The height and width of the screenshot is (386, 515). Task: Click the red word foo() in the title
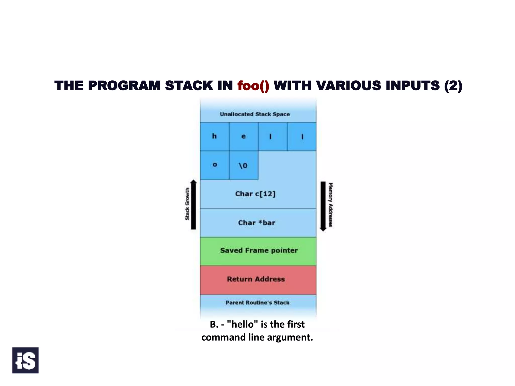coord(253,86)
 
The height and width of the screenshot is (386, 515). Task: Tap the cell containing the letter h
coord(214,136)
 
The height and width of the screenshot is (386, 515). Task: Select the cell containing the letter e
coord(243,136)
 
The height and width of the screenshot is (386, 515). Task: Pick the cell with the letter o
coord(214,165)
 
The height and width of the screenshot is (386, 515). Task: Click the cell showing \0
coord(243,165)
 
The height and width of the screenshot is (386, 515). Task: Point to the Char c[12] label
coord(255,194)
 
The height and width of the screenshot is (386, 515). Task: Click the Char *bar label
coord(256,223)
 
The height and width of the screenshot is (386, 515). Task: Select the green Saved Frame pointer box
coord(258,251)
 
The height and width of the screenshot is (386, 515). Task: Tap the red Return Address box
coord(258,280)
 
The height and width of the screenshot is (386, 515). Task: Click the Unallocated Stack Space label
coord(255,114)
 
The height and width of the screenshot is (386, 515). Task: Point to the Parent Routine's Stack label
coord(257,303)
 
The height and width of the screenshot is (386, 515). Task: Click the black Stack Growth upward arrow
coord(193,205)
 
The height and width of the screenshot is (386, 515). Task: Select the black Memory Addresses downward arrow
coord(323,206)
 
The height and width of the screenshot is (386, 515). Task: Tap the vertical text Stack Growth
coord(187,204)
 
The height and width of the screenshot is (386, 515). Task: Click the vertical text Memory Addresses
coord(331,205)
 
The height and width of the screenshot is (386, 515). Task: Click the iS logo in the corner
coord(25,360)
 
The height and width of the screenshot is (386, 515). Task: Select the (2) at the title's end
coord(453,86)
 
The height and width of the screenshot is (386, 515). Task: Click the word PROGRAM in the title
coord(124,86)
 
